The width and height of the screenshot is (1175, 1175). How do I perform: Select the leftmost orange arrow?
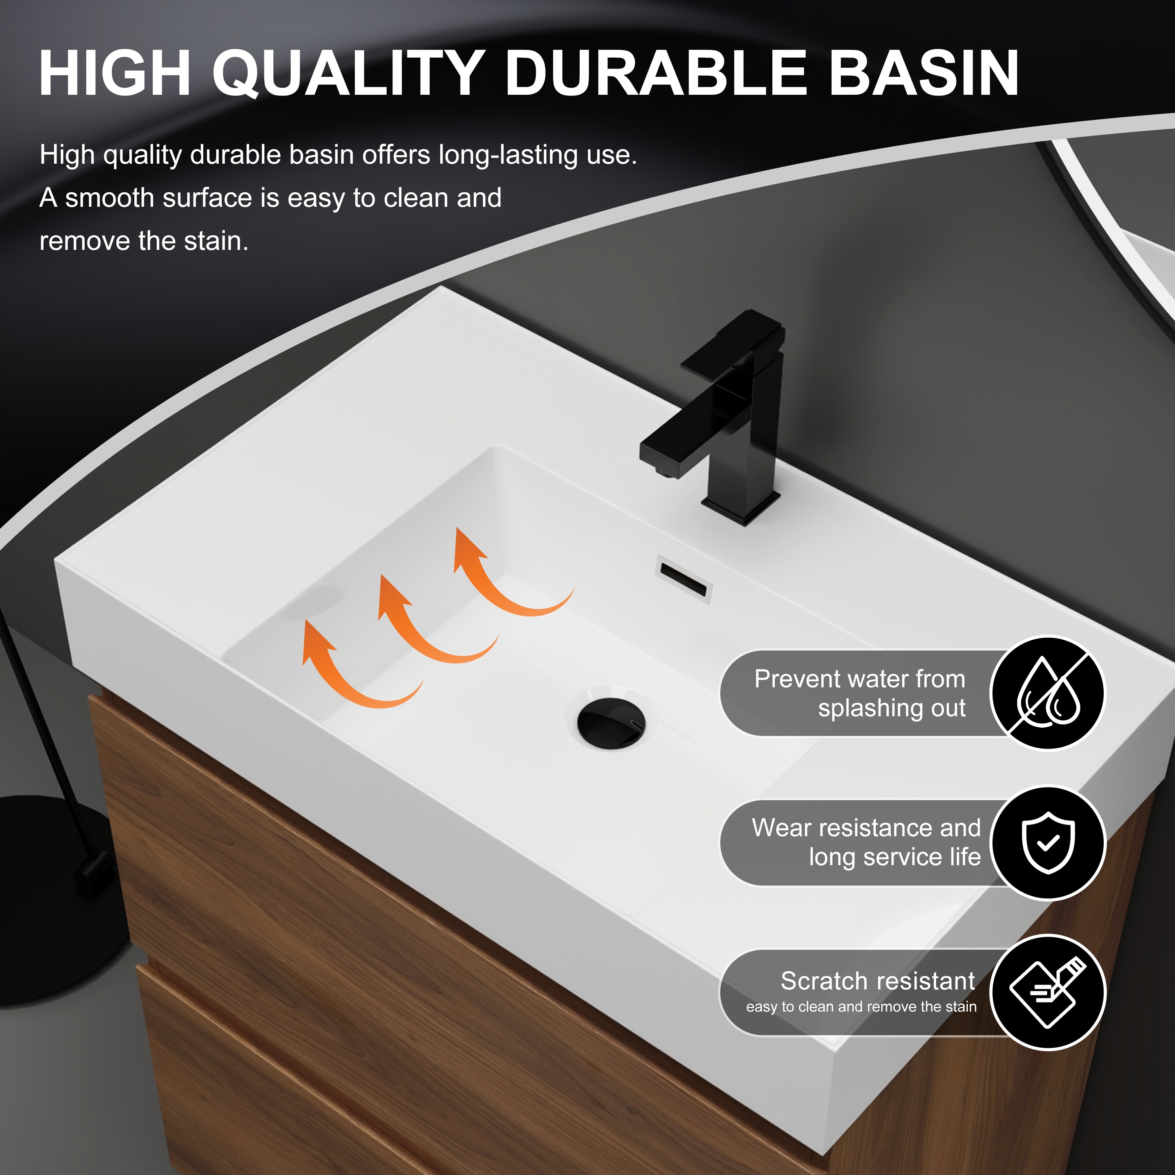353,669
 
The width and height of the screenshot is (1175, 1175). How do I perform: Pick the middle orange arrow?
429,624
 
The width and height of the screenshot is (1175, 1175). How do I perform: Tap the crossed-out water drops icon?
1048,693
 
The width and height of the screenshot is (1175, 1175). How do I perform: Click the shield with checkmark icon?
1048,842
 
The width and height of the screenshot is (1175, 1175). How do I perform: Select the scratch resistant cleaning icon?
1048,992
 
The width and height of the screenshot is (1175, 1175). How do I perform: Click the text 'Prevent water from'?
859,679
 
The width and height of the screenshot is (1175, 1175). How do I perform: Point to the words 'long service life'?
894,857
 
